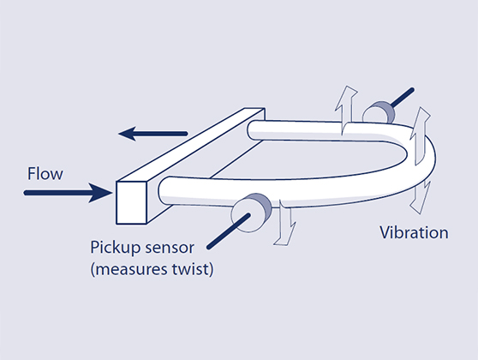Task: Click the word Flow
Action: tap(45, 174)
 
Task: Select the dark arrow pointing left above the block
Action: tap(152, 133)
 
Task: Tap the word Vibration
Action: tap(414, 232)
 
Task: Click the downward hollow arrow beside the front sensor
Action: tap(288, 228)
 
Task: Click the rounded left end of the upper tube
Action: tap(254, 129)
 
